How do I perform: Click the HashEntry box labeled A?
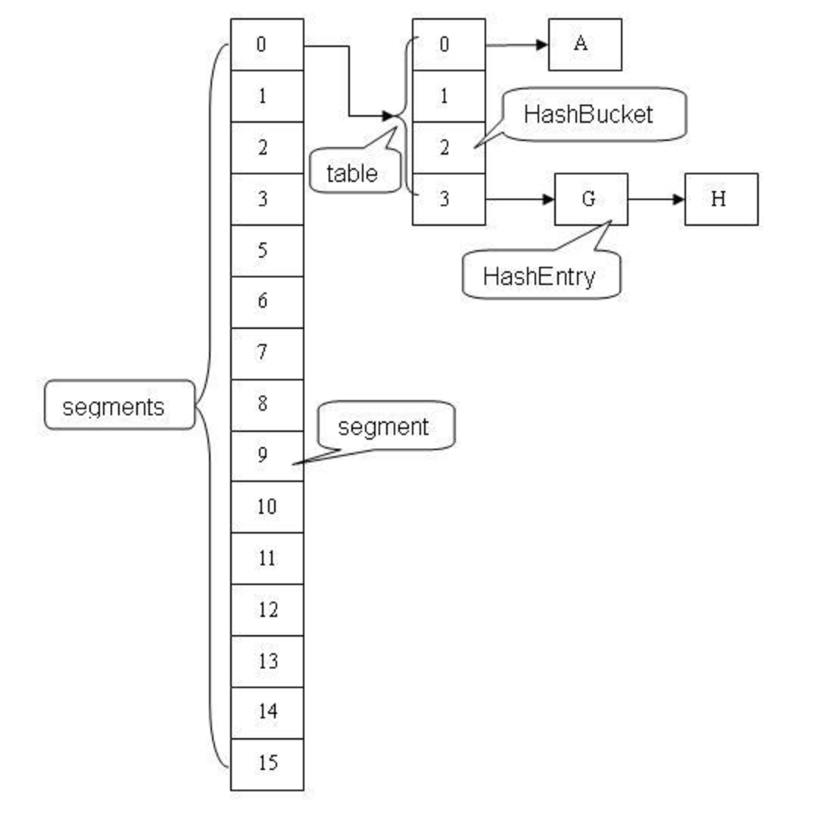[x=585, y=45]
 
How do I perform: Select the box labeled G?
[x=591, y=199]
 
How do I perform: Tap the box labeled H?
[x=721, y=199]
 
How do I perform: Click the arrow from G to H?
[x=656, y=199]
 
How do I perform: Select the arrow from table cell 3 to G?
[x=519, y=199]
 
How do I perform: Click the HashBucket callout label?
[x=593, y=114]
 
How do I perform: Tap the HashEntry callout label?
[x=541, y=276]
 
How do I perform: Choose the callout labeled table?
[x=353, y=174]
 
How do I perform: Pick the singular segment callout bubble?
[x=385, y=427]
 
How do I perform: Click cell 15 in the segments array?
[x=267, y=764]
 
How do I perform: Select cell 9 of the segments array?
[x=267, y=455]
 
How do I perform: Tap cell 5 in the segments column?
[x=267, y=251]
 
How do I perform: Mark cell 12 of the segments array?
[x=267, y=609]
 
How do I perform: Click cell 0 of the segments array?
[x=267, y=45]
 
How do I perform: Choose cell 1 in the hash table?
[x=448, y=96]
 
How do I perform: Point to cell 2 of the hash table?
[x=448, y=148]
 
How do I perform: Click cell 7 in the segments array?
[x=267, y=353]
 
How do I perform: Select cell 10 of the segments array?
[x=267, y=506]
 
